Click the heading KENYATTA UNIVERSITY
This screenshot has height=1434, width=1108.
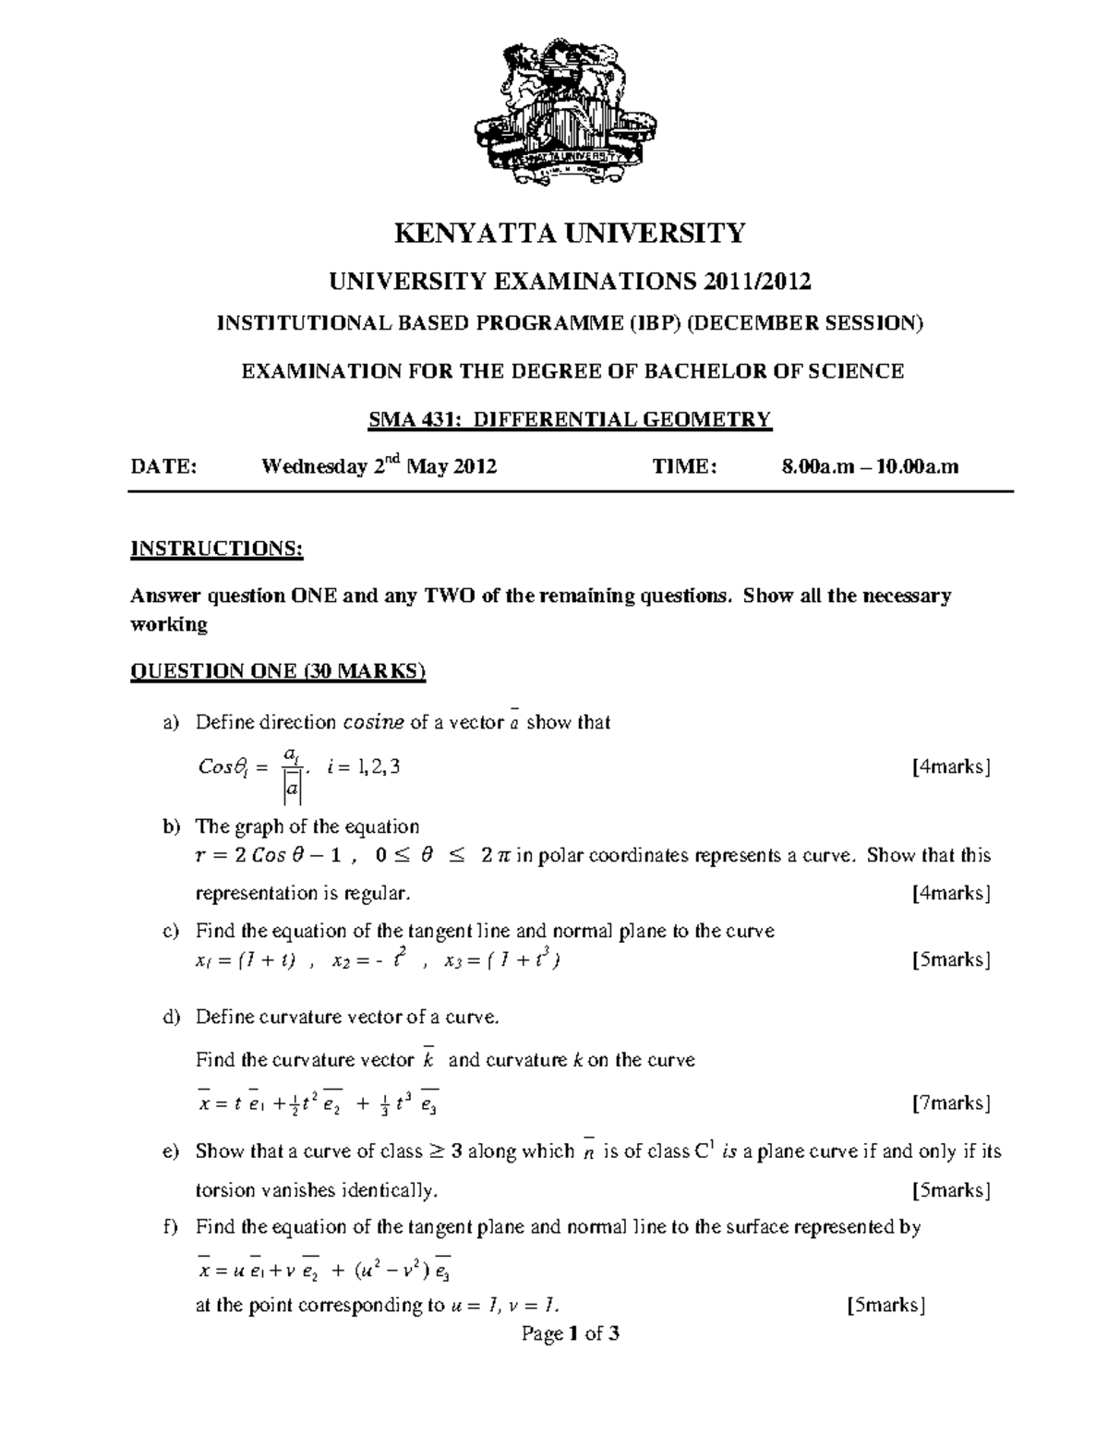[570, 234]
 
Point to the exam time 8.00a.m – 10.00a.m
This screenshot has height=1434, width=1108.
[870, 467]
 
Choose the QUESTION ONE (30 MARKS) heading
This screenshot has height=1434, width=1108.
[278, 671]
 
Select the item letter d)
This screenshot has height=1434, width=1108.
[170, 1018]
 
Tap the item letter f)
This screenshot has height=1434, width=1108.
[170, 1227]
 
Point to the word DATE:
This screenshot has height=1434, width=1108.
[163, 467]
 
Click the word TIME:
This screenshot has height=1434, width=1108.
[684, 467]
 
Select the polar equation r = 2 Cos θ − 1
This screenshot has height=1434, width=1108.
[278, 856]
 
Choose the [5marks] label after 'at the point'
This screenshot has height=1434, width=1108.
[885, 1305]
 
